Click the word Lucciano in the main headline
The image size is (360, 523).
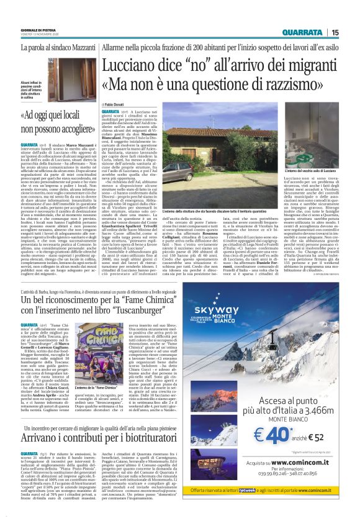click(x=130, y=64)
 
